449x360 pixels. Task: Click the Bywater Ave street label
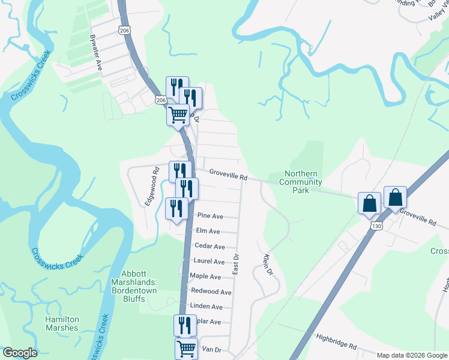(x=95, y=53)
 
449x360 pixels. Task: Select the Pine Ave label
(x=210, y=216)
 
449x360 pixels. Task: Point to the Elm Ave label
(x=208, y=231)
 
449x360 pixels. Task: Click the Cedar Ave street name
(x=210, y=247)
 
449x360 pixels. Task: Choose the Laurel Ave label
(x=209, y=262)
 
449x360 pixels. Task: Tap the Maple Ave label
(x=205, y=277)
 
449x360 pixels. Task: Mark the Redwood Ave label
(x=211, y=292)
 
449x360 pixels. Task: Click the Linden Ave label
(x=206, y=307)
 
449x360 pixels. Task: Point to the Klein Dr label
(x=268, y=265)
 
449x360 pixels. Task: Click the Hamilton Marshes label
(x=62, y=323)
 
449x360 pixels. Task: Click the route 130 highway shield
(x=376, y=226)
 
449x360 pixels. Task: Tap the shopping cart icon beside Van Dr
(x=186, y=348)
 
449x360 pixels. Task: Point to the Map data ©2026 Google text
(x=412, y=355)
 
